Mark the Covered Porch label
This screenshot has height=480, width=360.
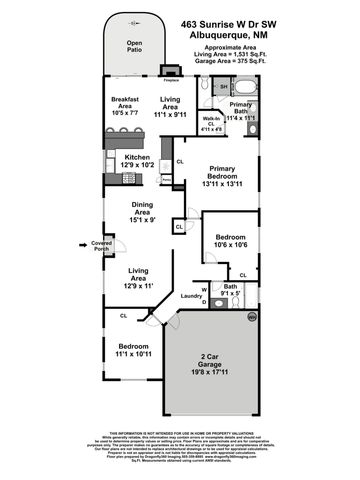101,245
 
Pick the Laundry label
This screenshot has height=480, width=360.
192,296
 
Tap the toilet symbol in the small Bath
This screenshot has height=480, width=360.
218,292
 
